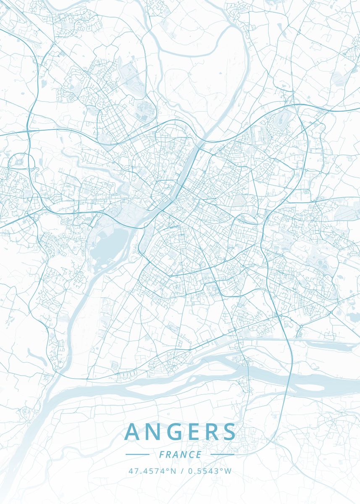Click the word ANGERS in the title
(180, 432)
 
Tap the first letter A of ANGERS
(133, 432)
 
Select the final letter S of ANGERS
(229, 432)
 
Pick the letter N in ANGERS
(152, 432)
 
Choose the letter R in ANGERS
(210, 432)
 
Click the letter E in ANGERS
(191, 432)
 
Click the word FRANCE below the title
(180, 454)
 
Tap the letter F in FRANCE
(162, 454)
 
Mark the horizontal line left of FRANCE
(137, 454)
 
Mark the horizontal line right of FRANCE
(222, 454)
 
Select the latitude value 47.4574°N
(152, 471)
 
